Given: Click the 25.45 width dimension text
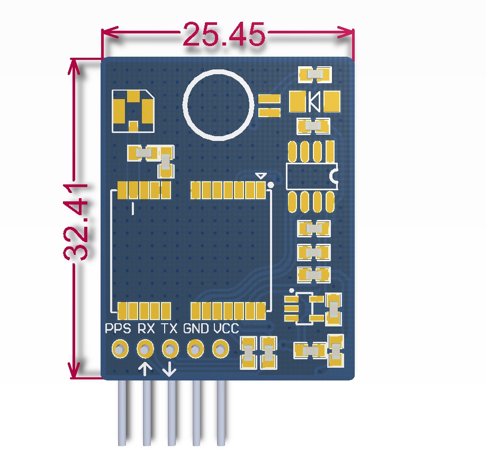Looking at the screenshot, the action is point(224,34).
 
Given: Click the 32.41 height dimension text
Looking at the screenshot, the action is point(76,222).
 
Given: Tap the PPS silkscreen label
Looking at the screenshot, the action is point(118,328).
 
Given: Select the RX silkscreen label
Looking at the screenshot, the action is point(146,328).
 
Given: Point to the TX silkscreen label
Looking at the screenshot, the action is point(169,328).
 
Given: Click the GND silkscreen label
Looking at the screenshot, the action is point(196,328).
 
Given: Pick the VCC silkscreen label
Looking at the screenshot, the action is point(226,328).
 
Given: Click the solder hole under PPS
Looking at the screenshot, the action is point(120,349).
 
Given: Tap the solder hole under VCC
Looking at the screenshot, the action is point(220,349).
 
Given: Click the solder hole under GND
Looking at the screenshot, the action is point(195,349).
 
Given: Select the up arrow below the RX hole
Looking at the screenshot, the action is point(145,369).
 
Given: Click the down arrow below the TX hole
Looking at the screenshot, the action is point(169,369).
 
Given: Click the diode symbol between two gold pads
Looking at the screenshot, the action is point(314,102).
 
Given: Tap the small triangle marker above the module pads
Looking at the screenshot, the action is point(260,176).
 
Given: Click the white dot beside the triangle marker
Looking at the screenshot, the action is point(271,185).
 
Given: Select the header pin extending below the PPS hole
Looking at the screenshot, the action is point(122,413).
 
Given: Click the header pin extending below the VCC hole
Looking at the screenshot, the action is point(221,413).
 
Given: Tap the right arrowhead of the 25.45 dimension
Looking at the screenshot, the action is point(346,32).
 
